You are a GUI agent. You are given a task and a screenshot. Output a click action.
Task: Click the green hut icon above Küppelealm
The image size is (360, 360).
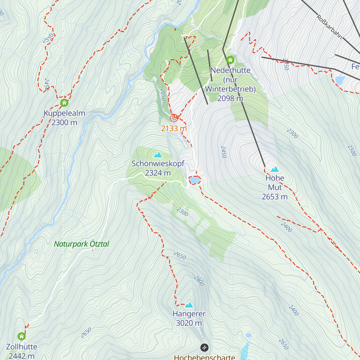tap(64, 103)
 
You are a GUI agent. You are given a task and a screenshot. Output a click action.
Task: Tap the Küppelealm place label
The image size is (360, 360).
tap(64, 113)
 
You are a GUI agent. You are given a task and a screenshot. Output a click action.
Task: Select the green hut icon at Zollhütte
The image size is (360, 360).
tap(22, 336)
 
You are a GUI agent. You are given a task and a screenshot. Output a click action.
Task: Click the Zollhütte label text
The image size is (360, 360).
tap(22, 347)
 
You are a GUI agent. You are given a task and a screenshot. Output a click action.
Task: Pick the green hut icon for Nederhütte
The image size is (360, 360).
tap(230, 59)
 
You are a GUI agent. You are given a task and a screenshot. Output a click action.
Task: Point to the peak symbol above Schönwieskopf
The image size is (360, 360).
tap(158, 155)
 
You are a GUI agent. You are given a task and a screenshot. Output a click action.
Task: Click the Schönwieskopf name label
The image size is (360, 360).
tap(158, 164)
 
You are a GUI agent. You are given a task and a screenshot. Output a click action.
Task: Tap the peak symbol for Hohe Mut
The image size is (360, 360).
tap(274, 169)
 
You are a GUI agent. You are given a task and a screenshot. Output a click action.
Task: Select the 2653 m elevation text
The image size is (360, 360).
tap(274, 197)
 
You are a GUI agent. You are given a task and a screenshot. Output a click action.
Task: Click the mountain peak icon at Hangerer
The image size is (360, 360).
tap(189, 305)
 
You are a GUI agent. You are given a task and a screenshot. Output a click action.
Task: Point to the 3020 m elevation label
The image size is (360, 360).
tap(189, 323)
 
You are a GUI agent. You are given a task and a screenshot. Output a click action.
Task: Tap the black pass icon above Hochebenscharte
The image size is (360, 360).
tap(204, 347)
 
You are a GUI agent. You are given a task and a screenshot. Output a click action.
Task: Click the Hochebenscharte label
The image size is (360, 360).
tap(204, 357)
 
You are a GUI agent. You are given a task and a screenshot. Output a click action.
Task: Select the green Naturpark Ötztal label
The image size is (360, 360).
tap(81, 244)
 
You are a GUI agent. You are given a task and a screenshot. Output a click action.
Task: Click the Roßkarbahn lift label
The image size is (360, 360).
tap(329, 27)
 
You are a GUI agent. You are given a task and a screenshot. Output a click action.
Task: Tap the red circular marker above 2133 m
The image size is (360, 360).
tap(174, 118)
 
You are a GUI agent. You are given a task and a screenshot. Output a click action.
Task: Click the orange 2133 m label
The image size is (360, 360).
tap(174, 128)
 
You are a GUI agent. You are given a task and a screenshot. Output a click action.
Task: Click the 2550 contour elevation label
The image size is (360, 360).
tap(48, 38)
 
